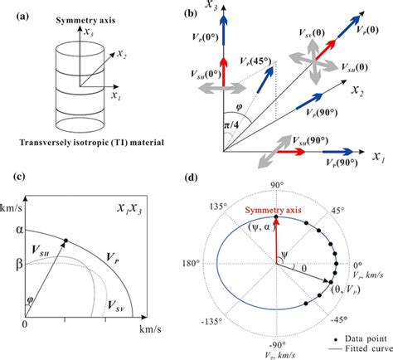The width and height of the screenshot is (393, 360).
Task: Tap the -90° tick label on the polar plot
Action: pyautogui.click(x=278, y=342)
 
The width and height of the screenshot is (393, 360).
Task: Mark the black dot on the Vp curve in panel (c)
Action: pyautogui.click(x=65, y=241)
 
